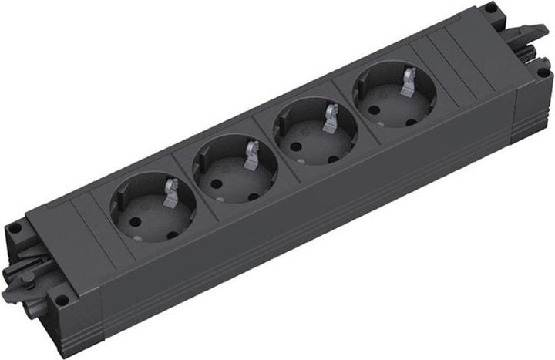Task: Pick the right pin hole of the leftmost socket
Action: tap(173, 229)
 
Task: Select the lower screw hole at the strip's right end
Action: tap(543, 72)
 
